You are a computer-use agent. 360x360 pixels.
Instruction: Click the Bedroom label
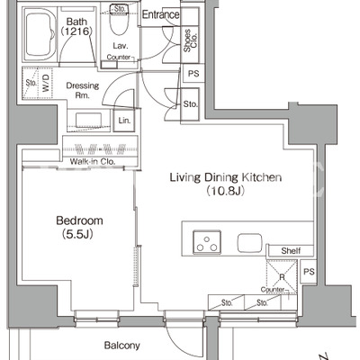79,220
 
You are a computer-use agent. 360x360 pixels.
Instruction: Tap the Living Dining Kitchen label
226,177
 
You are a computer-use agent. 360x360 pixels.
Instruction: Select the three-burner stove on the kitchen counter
207,241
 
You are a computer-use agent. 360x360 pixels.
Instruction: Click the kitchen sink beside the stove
249,243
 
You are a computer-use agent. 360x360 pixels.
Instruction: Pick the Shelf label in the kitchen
291,251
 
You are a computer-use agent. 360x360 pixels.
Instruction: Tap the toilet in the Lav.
119,20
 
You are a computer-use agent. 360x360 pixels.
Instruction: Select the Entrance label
160,14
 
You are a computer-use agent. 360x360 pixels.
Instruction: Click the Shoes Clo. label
190,40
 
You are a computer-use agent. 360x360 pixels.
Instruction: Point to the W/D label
46,83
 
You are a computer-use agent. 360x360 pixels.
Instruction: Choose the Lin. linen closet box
124,121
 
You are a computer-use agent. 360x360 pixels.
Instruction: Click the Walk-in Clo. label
93,161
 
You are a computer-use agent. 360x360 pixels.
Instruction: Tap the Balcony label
121,346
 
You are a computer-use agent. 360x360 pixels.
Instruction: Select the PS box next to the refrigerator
309,272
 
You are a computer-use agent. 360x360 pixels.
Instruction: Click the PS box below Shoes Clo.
193,74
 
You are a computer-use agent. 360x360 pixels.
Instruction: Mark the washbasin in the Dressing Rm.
88,121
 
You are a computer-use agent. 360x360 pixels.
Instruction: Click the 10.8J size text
226,191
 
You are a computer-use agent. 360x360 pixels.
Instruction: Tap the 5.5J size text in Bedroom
77,234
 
